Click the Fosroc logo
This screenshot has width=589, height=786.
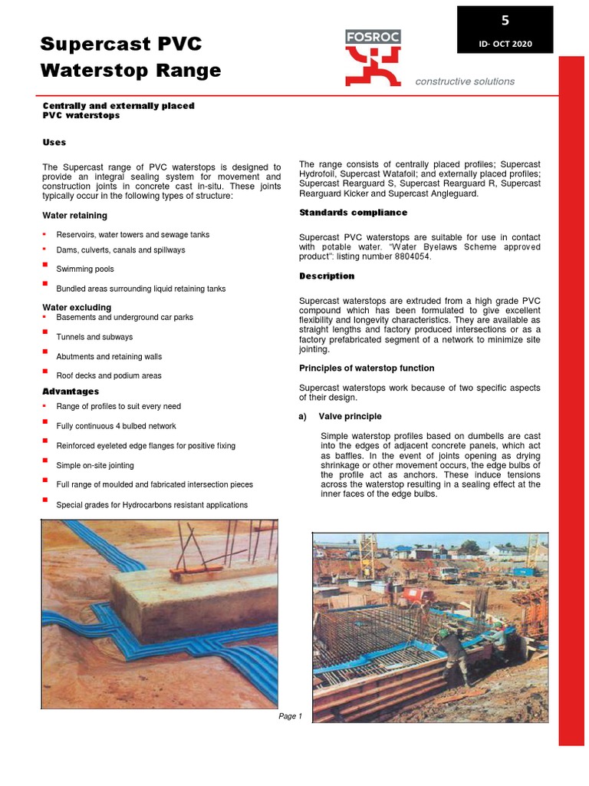pyautogui.click(x=373, y=58)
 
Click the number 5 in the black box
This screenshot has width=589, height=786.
pyautogui.click(x=505, y=21)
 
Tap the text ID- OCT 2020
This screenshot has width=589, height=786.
pyautogui.click(x=505, y=44)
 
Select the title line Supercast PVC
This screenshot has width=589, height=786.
pyautogui.click(x=121, y=44)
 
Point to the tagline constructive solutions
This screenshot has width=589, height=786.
pyautogui.click(x=465, y=81)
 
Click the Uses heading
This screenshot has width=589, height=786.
pyautogui.click(x=54, y=142)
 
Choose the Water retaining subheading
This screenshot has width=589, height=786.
pyautogui.click(x=74, y=216)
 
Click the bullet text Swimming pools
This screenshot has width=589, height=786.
pyautogui.click(x=85, y=269)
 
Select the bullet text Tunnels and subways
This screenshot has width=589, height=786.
pyautogui.click(x=94, y=337)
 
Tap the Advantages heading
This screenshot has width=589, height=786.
pyautogui.click(x=71, y=391)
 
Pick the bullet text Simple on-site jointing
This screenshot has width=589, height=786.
pyautogui.click(x=95, y=465)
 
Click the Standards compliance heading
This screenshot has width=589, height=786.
pyautogui.click(x=353, y=213)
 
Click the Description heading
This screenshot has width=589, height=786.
pyautogui.click(x=327, y=276)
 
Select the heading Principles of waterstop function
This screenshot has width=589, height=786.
pyautogui.click(x=367, y=368)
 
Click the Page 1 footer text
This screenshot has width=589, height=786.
pyautogui.click(x=290, y=716)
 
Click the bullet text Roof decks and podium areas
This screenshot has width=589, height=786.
pyautogui.click(x=109, y=376)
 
